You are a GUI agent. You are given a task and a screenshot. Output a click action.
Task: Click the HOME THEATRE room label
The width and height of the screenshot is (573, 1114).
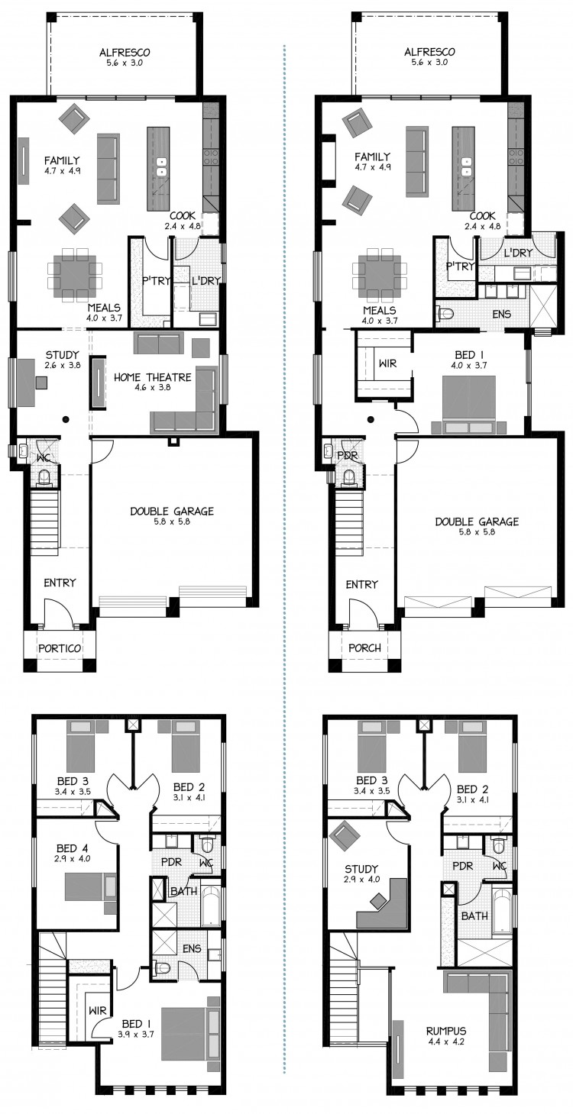pyautogui.click(x=152, y=377)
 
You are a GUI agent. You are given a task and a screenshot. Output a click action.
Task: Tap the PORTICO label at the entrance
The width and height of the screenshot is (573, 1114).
pyautogui.click(x=60, y=648)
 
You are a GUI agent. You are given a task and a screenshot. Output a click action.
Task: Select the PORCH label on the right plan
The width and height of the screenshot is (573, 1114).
pyautogui.click(x=364, y=648)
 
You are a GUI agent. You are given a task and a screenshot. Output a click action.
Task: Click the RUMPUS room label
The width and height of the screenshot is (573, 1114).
pyautogui.click(x=446, y=1031)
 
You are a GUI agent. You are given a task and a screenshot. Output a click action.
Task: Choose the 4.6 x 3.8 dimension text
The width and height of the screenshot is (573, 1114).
pyautogui.click(x=152, y=387)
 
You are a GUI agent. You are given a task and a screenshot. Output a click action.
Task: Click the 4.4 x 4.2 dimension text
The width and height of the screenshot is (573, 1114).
pyautogui.click(x=446, y=1041)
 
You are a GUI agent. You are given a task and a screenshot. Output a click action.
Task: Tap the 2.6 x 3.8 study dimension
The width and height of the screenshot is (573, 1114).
pyautogui.click(x=63, y=364)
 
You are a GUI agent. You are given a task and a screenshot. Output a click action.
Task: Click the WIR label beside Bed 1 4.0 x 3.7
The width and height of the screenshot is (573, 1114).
pyautogui.click(x=387, y=363)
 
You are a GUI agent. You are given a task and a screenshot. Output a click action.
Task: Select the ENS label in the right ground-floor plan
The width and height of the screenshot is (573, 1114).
pyautogui.click(x=501, y=315)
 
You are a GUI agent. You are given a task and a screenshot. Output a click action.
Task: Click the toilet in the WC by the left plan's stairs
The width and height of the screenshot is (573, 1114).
pyautogui.click(x=45, y=478)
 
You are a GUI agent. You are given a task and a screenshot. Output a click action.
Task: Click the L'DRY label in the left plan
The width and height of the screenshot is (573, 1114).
pyautogui.click(x=206, y=281)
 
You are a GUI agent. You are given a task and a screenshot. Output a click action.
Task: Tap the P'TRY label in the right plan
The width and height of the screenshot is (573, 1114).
pyautogui.click(x=460, y=266)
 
